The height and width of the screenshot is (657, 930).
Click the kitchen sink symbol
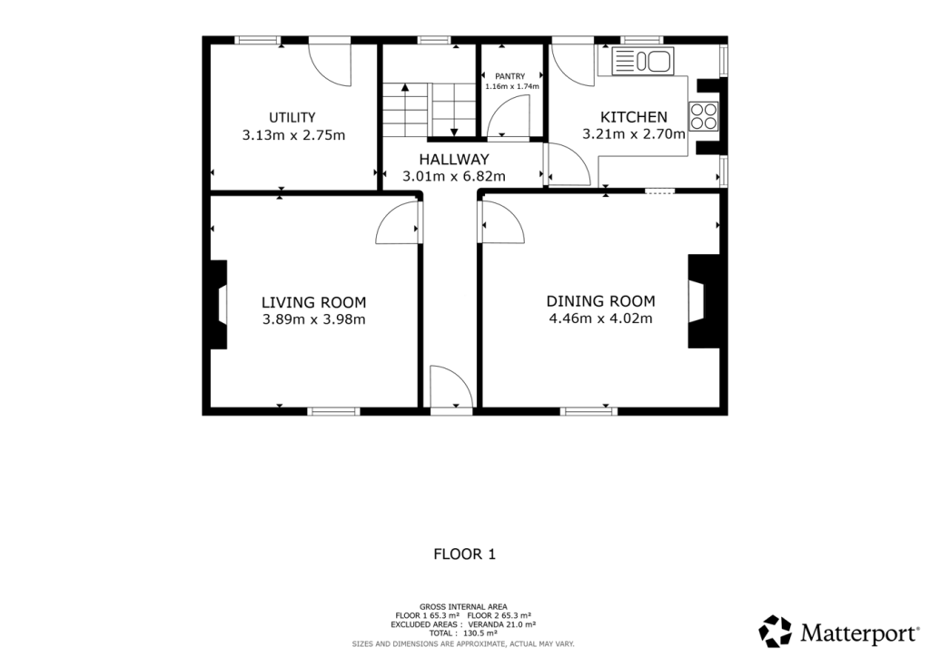[642, 62]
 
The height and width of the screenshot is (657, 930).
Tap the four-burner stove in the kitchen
[703, 116]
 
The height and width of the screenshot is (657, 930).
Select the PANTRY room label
[510, 76]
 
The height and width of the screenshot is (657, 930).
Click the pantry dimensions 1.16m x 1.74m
[512, 86]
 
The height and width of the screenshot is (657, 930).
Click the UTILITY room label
[292, 117]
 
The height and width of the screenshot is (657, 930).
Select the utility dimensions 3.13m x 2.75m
[293, 134]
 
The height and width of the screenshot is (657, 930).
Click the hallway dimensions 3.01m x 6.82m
[455, 176]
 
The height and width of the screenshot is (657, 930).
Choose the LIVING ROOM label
[313, 302]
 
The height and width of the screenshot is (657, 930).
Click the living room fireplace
[219, 304]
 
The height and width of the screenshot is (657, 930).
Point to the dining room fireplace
[702, 301]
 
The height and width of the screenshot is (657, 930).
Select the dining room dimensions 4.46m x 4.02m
[600, 319]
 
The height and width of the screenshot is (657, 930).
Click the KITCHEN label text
[634, 117]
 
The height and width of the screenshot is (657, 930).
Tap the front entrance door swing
[450, 387]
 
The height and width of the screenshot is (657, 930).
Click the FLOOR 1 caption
[464, 553]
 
